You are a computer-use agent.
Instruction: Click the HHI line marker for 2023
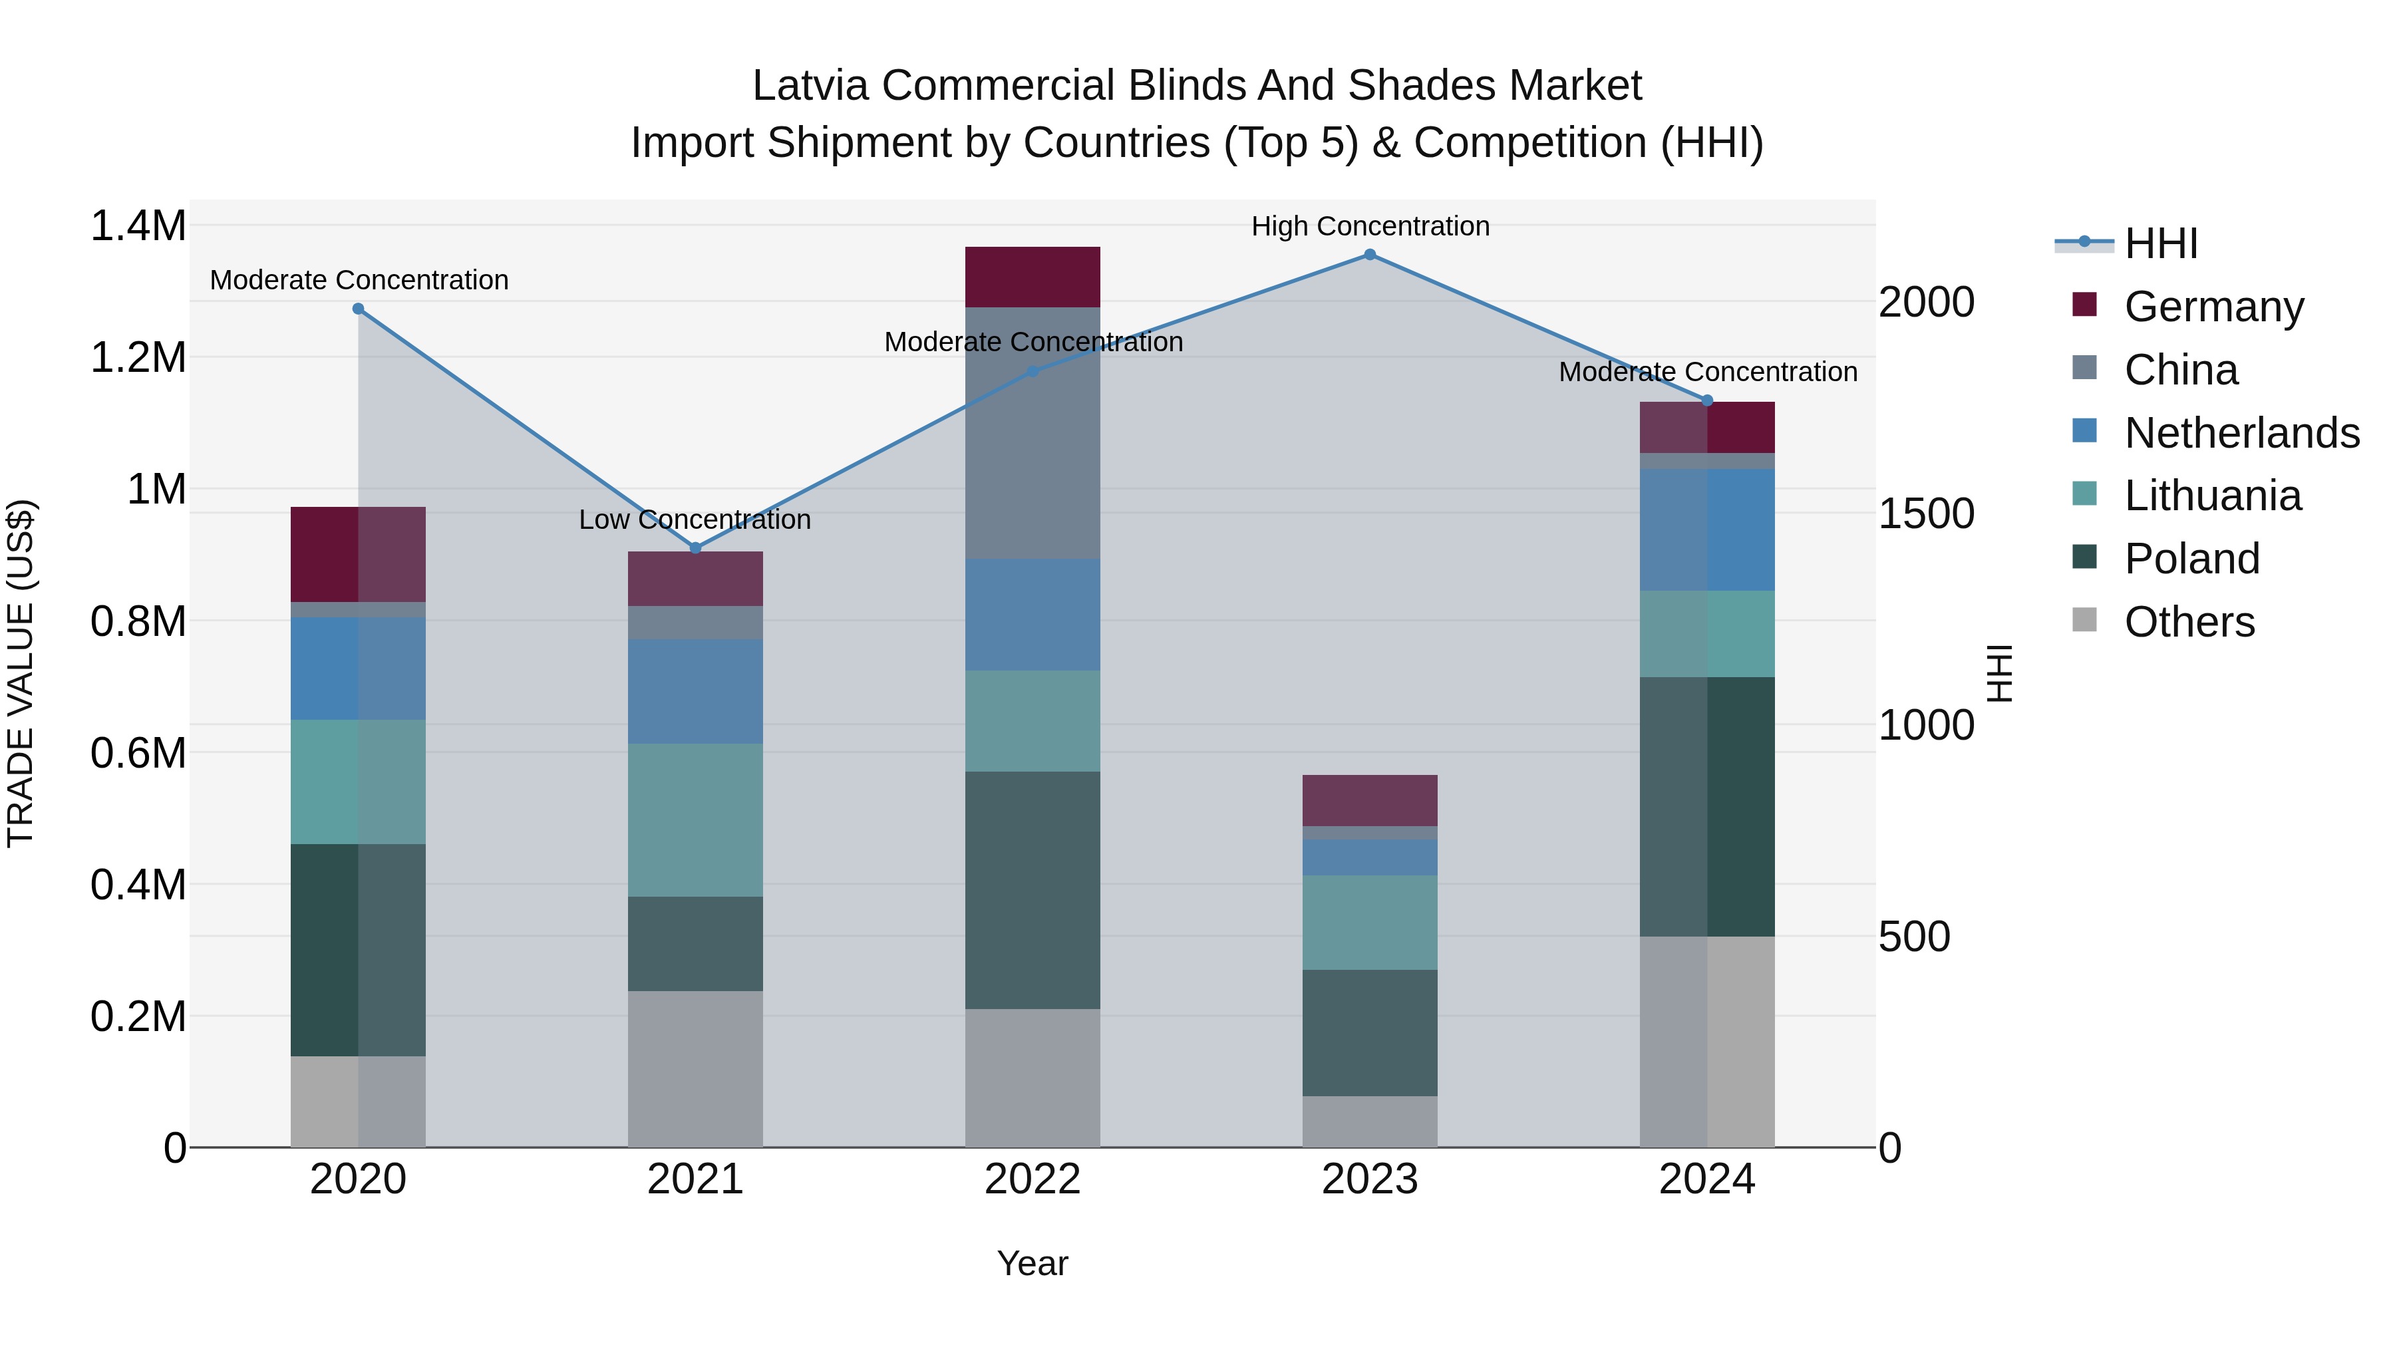1370,255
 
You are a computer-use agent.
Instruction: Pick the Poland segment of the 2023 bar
1370,1033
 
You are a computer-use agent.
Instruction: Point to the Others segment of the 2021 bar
695,1069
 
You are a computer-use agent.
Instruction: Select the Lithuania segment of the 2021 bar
695,820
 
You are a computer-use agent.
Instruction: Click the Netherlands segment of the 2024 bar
1707,530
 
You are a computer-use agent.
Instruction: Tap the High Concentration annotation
1370,227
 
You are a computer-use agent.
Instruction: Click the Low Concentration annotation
695,520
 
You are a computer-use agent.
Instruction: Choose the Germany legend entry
2213,307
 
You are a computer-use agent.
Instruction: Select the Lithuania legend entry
2212,496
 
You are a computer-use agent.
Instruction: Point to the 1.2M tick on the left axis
138,358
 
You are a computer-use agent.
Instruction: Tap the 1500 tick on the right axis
1927,514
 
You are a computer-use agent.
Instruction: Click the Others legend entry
2189,623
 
